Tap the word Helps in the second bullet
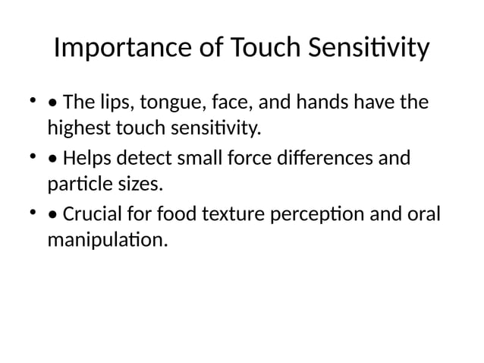pos(87,159)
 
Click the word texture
pos(228,216)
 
